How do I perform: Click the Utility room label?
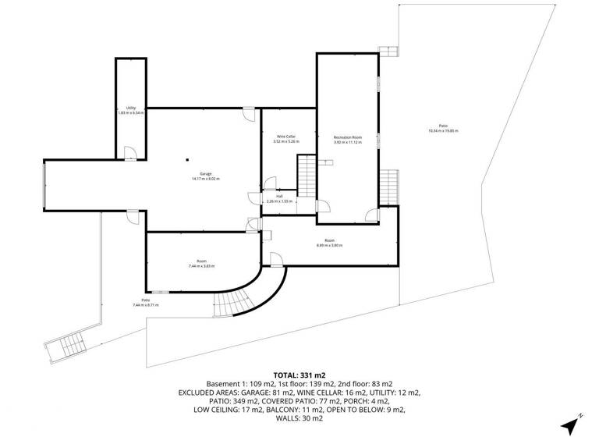pyautogui.click(x=130, y=110)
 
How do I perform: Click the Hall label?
pyautogui.click(x=279, y=198)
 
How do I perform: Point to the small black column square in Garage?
pyautogui.click(x=187, y=162)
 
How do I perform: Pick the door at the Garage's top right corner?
pyautogui.click(x=248, y=115)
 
